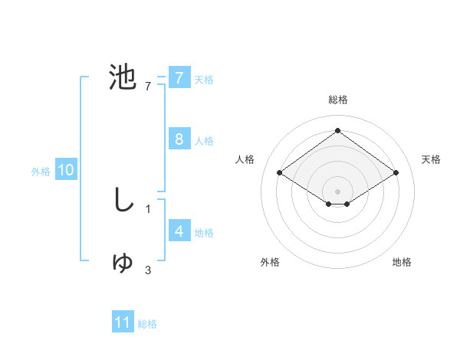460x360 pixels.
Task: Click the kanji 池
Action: pyautogui.click(x=123, y=77)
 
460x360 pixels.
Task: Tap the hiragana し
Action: pyautogui.click(x=123, y=200)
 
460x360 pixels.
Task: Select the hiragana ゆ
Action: pyautogui.click(x=123, y=262)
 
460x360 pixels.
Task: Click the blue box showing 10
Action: pyautogui.click(x=65, y=170)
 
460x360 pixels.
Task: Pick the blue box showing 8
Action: pyautogui.click(x=179, y=139)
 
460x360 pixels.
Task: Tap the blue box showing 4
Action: pyautogui.click(x=179, y=231)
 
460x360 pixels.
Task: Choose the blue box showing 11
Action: pyautogui.click(x=123, y=322)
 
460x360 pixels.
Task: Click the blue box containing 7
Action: pyautogui.click(x=179, y=77)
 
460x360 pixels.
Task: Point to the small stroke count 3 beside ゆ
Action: pyautogui.click(x=148, y=270)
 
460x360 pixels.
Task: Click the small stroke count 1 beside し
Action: pyautogui.click(x=148, y=208)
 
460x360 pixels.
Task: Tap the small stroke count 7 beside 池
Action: pyautogui.click(x=148, y=86)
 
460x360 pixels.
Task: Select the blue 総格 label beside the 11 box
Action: pyautogui.click(x=147, y=324)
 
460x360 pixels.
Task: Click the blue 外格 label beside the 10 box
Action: pyautogui.click(x=41, y=172)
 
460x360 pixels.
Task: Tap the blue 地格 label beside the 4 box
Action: pyautogui.click(x=204, y=232)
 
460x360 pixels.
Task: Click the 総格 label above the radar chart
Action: pyautogui.click(x=337, y=100)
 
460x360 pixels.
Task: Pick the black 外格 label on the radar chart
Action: pyautogui.click(x=270, y=262)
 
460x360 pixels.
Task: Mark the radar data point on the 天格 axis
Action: pyautogui.click(x=396, y=173)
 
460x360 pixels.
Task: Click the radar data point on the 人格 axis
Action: pyautogui.click(x=279, y=173)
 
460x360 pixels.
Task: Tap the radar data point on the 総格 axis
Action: pyautogui.click(x=337, y=131)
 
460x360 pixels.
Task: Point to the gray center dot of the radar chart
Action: pyautogui.click(x=337, y=191)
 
